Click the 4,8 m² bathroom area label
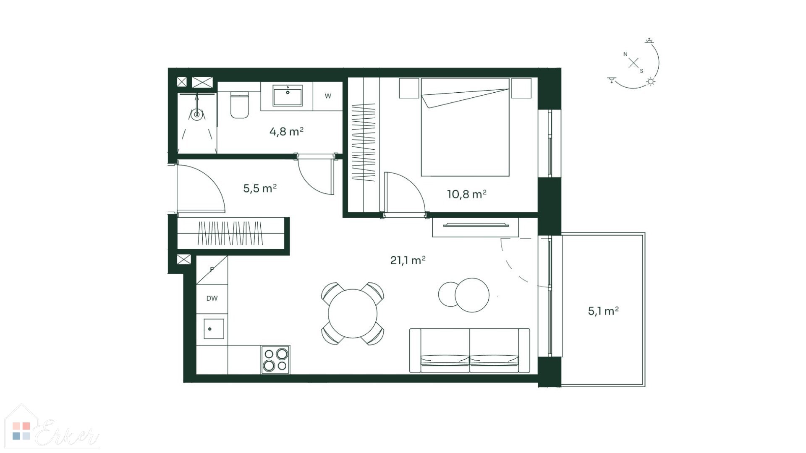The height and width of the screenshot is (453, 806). coord(286,132)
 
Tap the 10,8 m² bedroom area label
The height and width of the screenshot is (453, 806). coord(466,194)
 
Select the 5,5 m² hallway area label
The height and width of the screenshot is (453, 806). coord(260,188)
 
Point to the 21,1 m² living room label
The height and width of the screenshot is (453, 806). coord(408,260)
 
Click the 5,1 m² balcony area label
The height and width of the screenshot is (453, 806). coord(603,311)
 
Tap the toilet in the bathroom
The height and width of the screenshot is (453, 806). coord(240,105)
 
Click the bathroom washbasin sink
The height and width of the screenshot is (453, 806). coord(288,96)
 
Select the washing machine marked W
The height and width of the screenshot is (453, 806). coord(328,96)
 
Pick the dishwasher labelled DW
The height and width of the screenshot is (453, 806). coord(212,299)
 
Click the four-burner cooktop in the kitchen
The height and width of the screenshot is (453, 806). coord(275,360)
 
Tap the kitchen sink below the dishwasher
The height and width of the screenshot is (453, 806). coord(213,328)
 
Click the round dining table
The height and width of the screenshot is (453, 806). coord(353,313)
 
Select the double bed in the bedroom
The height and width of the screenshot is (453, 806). coord(465,127)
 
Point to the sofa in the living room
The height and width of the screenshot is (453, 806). coord(469,351)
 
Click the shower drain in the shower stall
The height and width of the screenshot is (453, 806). coord(196,114)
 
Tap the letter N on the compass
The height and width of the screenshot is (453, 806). coord(625,54)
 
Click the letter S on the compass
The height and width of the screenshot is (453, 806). coord(641,71)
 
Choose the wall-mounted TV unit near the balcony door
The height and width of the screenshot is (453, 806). coord(476,227)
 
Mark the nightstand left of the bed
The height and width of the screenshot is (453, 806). coord(409,88)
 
